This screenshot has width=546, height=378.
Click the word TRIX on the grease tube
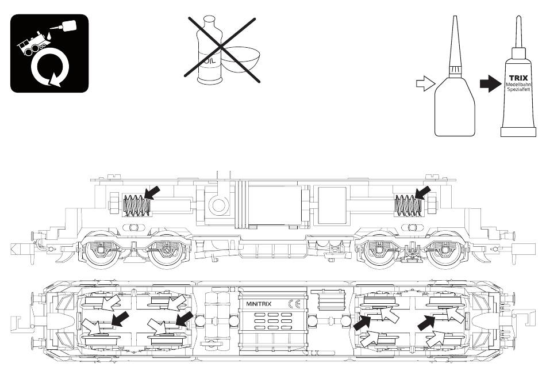[518, 78]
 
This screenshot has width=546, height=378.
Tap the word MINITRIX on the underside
[259, 304]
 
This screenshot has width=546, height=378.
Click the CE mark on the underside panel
[294, 304]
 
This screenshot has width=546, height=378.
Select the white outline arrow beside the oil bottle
[425, 83]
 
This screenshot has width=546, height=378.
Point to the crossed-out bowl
[241, 60]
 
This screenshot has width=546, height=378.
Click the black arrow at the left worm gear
[152, 192]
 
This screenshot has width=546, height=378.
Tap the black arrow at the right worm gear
[423, 193]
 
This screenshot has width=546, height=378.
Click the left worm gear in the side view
[137, 205]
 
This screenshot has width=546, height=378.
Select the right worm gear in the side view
[408, 205]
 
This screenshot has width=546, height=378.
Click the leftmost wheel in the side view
[100, 250]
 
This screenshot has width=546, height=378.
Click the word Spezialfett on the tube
[518, 90]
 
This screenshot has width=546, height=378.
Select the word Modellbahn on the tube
[518, 85]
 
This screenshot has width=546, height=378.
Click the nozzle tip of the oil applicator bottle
[454, 17]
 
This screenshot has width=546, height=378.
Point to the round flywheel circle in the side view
[218, 205]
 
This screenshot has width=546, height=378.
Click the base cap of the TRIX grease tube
[518, 132]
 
